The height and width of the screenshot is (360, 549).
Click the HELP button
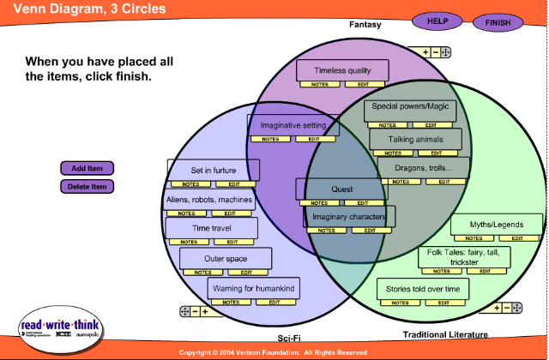(437, 21)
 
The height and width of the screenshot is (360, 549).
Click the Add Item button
(87, 168)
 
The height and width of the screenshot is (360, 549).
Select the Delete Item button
(87, 186)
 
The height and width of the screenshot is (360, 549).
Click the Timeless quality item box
(343, 70)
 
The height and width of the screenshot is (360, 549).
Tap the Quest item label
(341, 189)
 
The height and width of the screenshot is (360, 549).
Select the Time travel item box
(212, 228)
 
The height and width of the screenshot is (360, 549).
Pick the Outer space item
(226, 258)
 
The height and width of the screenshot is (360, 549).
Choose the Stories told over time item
(423, 289)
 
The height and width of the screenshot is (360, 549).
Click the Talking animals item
(416, 138)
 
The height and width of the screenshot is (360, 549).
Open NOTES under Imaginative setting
(270, 139)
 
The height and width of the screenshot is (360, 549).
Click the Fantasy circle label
(365, 25)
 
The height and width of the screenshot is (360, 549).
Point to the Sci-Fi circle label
(289, 337)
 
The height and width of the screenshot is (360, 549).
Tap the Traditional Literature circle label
(445, 334)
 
